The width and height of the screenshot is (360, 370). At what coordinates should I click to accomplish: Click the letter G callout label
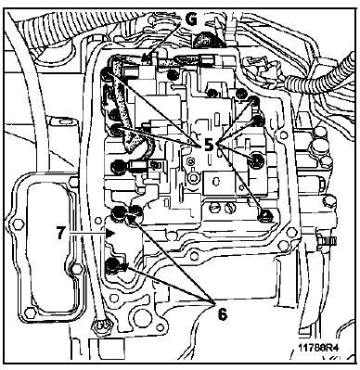(x=191, y=19)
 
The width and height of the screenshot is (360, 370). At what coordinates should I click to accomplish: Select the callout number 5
(x=209, y=144)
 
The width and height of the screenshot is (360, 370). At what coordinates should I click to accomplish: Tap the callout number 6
(x=223, y=314)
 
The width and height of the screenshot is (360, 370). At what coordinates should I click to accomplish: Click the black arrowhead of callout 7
(x=109, y=233)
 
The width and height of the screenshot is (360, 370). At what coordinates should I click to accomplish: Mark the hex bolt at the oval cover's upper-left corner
(x=17, y=223)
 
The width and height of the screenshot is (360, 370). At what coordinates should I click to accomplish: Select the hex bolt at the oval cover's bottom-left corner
(x=29, y=313)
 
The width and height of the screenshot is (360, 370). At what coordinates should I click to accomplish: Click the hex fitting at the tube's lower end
(x=100, y=325)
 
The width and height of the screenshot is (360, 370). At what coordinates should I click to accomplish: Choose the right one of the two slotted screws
(x=228, y=208)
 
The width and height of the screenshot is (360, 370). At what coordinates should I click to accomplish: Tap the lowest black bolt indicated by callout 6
(x=112, y=266)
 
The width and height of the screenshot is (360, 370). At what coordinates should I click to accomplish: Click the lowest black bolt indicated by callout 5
(x=265, y=215)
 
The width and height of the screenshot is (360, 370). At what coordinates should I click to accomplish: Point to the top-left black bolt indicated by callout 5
(x=108, y=73)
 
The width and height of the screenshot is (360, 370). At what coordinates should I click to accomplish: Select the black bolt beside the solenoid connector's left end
(x=118, y=166)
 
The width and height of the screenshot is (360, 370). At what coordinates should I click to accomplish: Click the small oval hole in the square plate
(x=216, y=180)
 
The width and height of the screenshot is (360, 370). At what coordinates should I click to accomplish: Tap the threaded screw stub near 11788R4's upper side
(x=326, y=240)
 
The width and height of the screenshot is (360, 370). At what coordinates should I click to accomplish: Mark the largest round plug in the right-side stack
(x=318, y=146)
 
